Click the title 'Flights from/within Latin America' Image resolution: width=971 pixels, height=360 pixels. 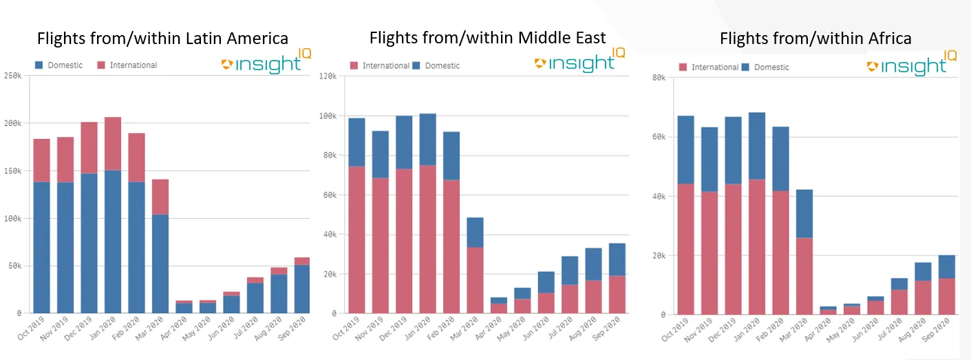[162, 38]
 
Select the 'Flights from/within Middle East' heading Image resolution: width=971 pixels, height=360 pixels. [487, 37]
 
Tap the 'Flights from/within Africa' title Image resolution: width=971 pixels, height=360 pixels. [815, 39]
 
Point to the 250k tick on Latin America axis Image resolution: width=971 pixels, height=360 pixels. [13, 76]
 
